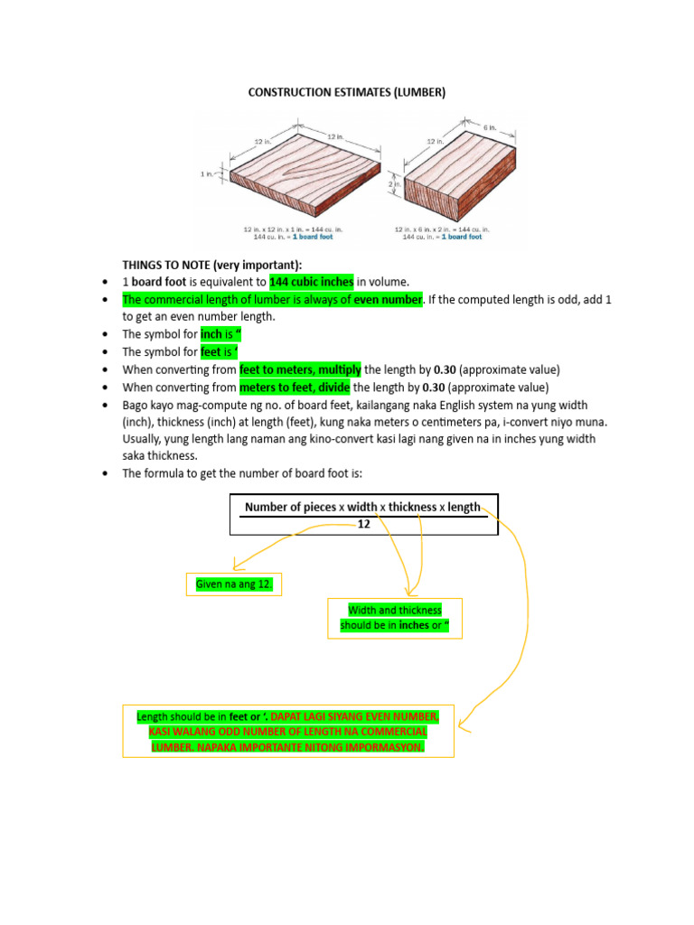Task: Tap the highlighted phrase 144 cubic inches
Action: tap(312, 282)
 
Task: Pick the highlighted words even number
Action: tap(388, 299)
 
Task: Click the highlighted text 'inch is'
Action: tap(222, 334)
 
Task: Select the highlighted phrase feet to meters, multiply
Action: tap(300, 369)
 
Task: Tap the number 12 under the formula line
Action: tap(364, 523)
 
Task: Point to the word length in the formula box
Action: tap(464, 507)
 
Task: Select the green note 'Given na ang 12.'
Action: tap(234, 585)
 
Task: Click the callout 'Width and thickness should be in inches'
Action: tap(394, 618)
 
